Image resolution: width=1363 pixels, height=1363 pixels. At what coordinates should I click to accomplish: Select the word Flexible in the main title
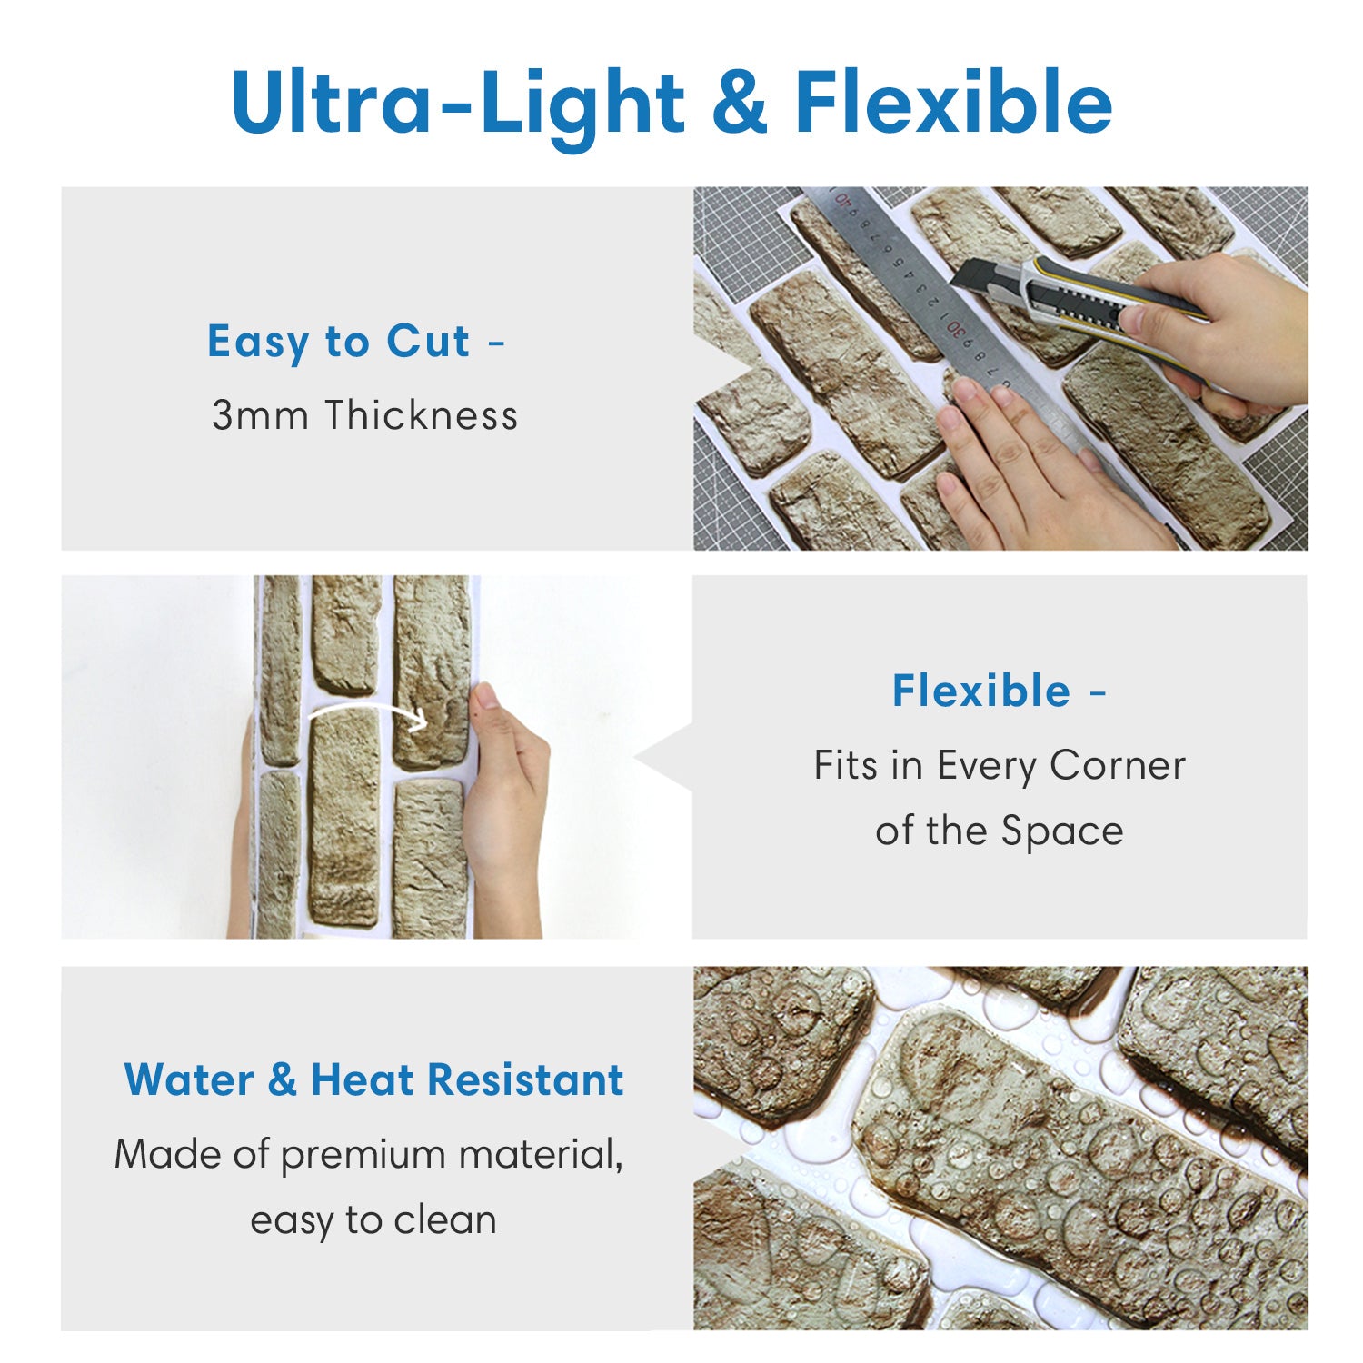pyautogui.click(x=954, y=101)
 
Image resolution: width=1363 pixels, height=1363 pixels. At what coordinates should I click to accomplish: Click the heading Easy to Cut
pyautogui.click(x=338, y=343)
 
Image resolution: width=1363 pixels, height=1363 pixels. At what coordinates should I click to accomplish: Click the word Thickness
pyautogui.click(x=423, y=415)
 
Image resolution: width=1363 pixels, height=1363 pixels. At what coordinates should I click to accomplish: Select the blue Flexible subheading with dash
pyautogui.click(x=999, y=691)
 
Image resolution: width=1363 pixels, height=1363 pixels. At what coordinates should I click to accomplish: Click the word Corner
pyautogui.click(x=1117, y=766)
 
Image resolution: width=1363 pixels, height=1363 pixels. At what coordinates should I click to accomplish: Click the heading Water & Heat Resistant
pyautogui.click(x=373, y=1080)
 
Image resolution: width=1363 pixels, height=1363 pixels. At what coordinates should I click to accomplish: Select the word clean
pyautogui.click(x=445, y=1220)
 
